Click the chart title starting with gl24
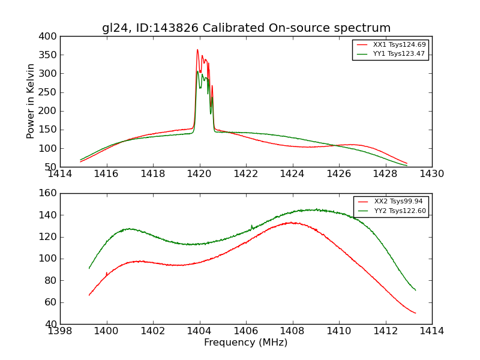tap(246, 28)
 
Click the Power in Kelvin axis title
tap(31, 101)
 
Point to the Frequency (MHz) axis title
tap(246, 343)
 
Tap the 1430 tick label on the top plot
tap(432, 174)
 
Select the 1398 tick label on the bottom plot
tap(60, 331)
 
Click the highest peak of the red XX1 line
tap(197, 50)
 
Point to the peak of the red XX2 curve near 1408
tap(291, 222)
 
